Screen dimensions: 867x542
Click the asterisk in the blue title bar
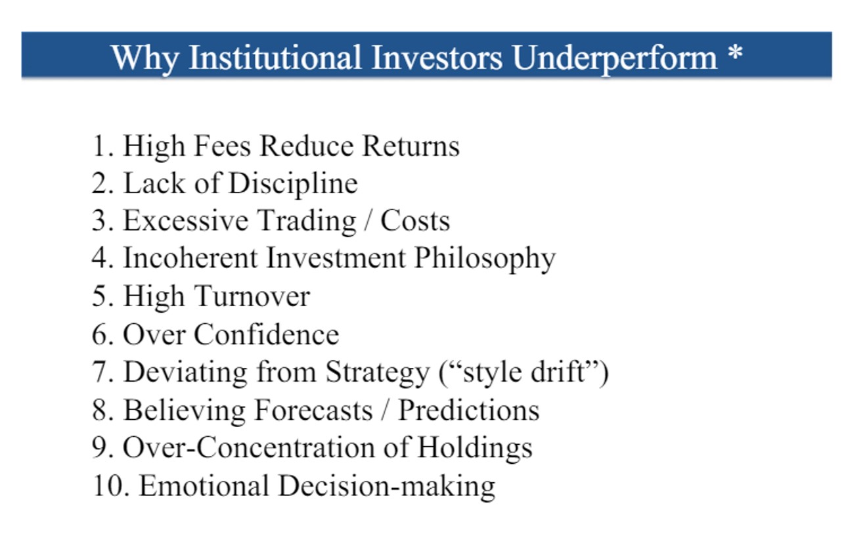(x=735, y=53)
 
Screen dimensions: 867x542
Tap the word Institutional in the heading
(x=275, y=57)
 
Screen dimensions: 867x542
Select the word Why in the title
(x=145, y=59)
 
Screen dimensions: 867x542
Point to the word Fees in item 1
(x=222, y=146)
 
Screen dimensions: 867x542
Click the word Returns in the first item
(x=411, y=146)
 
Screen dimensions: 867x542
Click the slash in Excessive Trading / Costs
(x=368, y=221)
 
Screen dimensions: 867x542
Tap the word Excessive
(x=185, y=221)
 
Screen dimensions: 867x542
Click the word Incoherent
(x=190, y=258)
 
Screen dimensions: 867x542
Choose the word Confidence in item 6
(x=266, y=334)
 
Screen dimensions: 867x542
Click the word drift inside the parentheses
(x=558, y=371)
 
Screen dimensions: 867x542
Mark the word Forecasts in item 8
(x=313, y=409)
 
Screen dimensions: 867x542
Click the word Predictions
(x=469, y=409)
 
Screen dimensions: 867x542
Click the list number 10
(x=111, y=486)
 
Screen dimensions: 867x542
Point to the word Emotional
(x=204, y=486)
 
